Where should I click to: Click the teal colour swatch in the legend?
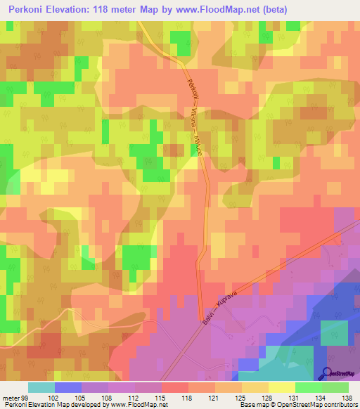(41, 387)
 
